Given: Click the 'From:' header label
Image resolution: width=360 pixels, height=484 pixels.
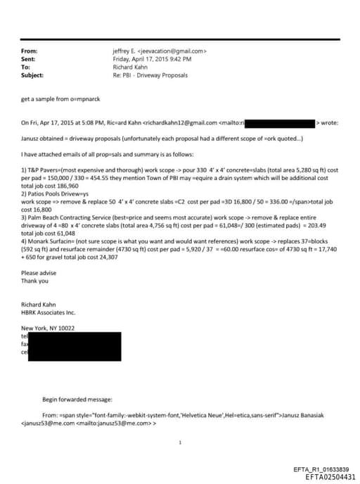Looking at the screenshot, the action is [x=30, y=51].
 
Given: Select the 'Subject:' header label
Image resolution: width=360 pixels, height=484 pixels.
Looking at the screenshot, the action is [x=33, y=75].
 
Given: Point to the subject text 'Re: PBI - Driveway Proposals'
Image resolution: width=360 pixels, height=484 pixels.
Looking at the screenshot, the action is [x=150, y=75].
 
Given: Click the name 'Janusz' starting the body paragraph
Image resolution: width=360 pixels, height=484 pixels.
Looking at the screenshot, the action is [x=30, y=139].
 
